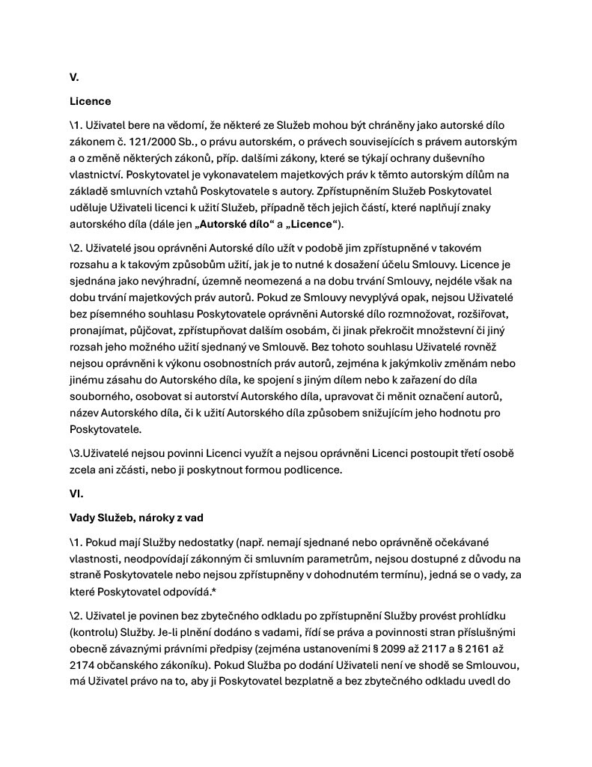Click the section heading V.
click(74, 77)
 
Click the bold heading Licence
click(90, 101)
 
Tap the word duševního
click(459, 158)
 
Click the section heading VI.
click(77, 494)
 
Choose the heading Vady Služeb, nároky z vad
click(136, 518)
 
